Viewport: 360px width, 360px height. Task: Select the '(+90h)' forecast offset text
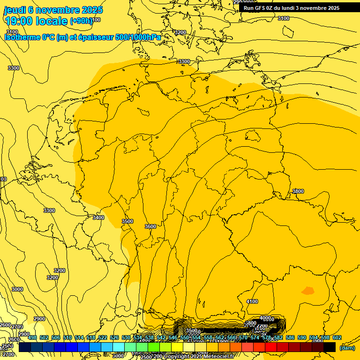click(82, 21)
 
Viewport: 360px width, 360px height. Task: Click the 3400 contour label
click(98, 217)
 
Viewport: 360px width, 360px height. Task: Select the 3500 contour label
click(127, 221)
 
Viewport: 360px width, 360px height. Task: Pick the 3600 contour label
click(150, 226)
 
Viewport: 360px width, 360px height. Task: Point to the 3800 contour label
click(298, 191)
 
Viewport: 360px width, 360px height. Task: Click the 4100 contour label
click(252, 301)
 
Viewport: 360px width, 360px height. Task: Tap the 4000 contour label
click(265, 318)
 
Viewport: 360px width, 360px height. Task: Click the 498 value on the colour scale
click(32, 337)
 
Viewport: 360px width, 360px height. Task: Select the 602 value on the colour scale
click(337, 337)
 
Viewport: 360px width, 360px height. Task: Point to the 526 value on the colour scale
click(114, 337)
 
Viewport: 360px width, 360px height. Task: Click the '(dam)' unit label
click(347, 348)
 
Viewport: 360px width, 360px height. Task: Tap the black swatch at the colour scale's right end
click(330, 347)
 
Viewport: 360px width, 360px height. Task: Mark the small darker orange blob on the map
click(307, 291)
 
